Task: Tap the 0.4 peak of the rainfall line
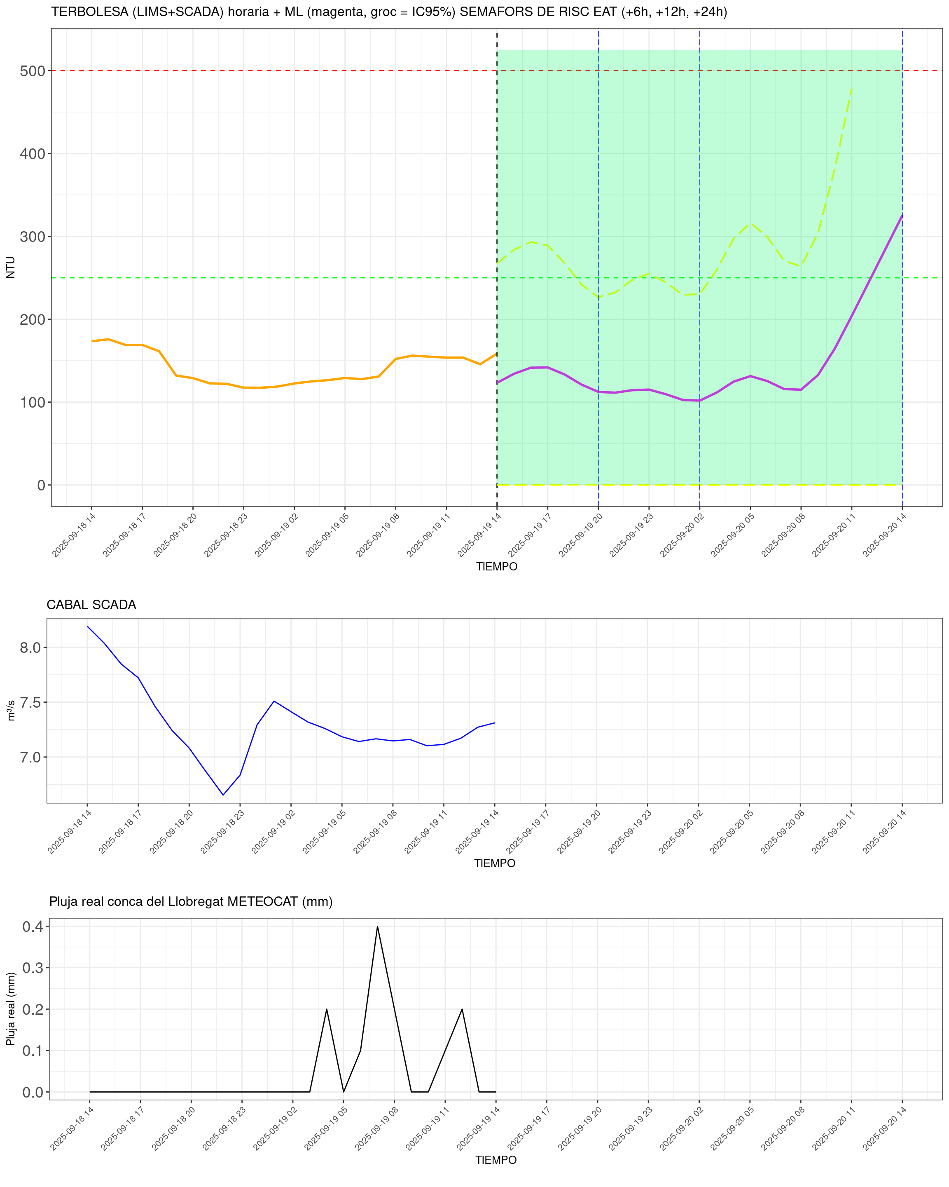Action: (x=377, y=927)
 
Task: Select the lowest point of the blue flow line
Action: (x=223, y=795)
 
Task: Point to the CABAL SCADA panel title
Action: (x=91, y=605)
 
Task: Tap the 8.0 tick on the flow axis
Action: (x=30, y=647)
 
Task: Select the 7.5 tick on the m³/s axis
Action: (x=30, y=702)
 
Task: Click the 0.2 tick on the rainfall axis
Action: (x=33, y=1009)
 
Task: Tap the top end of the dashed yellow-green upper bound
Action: (x=852, y=88)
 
